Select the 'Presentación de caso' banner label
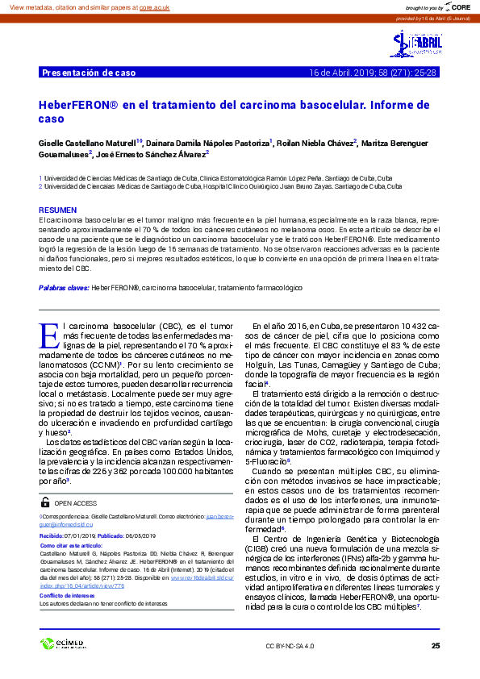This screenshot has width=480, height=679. click(88, 73)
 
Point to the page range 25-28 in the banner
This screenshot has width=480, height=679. click(424, 73)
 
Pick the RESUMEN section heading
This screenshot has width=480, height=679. click(57, 209)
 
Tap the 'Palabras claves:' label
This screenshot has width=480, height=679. click(64, 287)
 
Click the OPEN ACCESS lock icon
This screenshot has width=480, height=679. click(45, 502)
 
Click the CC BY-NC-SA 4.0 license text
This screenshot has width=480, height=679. click(290, 646)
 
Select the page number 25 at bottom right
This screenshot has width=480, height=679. click(436, 646)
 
